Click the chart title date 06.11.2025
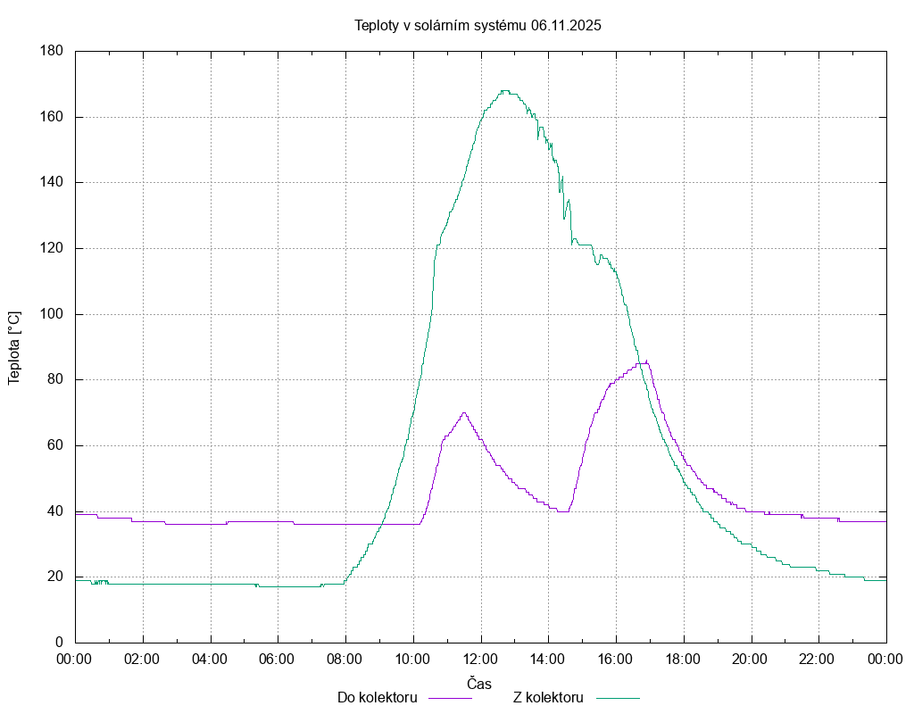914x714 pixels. (x=566, y=25)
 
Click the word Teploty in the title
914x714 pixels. (x=378, y=25)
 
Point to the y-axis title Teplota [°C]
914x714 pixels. (x=14, y=347)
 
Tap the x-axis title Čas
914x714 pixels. (x=480, y=683)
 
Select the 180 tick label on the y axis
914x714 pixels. (x=51, y=51)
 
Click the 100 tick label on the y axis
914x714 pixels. (x=51, y=314)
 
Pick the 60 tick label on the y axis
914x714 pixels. (x=54, y=445)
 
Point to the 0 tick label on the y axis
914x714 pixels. (x=59, y=643)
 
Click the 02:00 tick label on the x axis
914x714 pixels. (x=142, y=660)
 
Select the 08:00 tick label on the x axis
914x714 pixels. (x=345, y=660)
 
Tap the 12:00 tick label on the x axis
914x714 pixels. (x=480, y=660)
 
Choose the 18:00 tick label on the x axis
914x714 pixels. (x=683, y=660)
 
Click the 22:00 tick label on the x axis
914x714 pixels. (x=818, y=660)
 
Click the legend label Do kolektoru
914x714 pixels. (x=378, y=697)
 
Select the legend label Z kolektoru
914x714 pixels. (x=548, y=697)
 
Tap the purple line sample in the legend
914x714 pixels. (x=450, y=697)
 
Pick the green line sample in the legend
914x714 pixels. (x=618, y=697)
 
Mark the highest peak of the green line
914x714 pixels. (x=505, y=90)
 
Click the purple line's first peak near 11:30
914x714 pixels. (x=464, y=412)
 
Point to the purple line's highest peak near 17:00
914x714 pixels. (x=646, y=361)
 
